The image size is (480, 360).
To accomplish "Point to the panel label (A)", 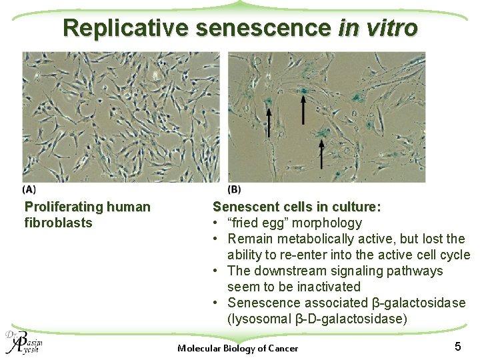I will tap(30, 189).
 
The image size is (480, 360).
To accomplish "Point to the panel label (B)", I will tap(234, 189).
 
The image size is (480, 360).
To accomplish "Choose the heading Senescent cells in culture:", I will tap(297, 207).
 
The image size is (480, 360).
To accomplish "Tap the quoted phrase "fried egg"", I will tap(257, 223).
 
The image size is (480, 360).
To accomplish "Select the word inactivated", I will tap(325, 287).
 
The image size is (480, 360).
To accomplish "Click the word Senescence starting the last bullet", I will tap(264, 303).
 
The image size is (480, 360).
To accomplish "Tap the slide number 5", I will tap(457, 346).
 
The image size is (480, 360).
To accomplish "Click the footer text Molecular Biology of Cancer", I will tap(238, 348).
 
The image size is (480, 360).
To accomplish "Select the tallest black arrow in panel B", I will tap(303, 109).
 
